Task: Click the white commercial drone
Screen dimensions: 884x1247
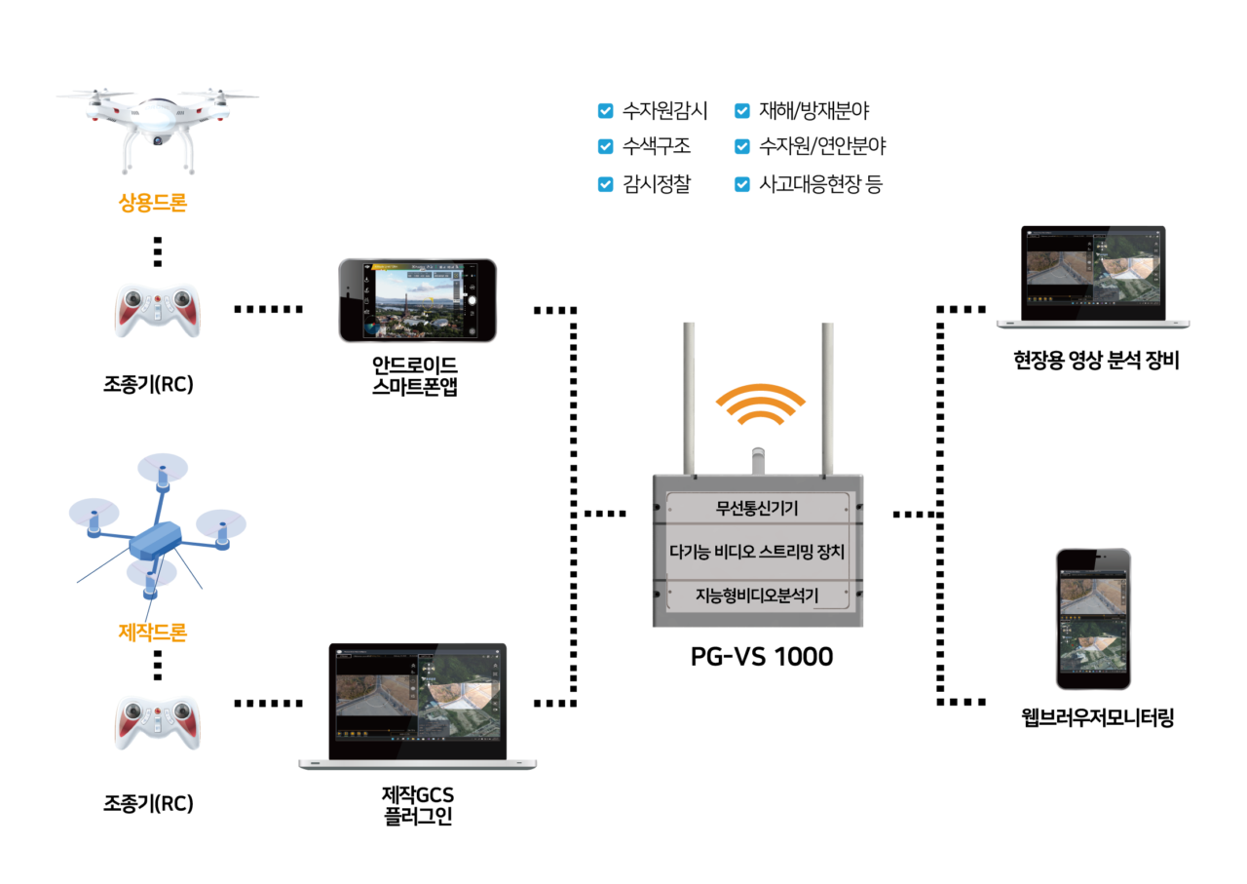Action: pyautogui.click(x=157, y=122)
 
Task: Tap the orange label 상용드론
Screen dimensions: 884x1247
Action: pyautogui.click(x=153, y=203)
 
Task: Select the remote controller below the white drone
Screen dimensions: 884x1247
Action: pyautogui.click(x=158, y=310)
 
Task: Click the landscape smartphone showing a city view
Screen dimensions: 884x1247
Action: pyautogui.click(x=417, y=300)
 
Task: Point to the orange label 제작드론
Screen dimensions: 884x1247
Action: pyautogui.click(x=153, y=633)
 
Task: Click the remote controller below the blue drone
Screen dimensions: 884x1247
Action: pyautogui.click(x=158, y=722)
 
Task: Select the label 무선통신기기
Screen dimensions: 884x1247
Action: pyautogui.click(x=757, y=508)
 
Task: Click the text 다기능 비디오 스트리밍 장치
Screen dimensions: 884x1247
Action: pyautogui.click(x=757, y=552)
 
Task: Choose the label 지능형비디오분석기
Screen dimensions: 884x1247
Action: pyautogui.click(x=757, y=594)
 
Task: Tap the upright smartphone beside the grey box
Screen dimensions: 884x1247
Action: pyautogui.click(x=1093, y=619)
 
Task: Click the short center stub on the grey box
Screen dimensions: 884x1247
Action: pyautogui.click(x=759, y=461)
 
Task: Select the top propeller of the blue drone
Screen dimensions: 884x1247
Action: pyautogui.click(x=162, y=469)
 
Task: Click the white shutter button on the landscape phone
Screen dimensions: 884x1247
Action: pyautogui.click(x=472, y=300)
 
